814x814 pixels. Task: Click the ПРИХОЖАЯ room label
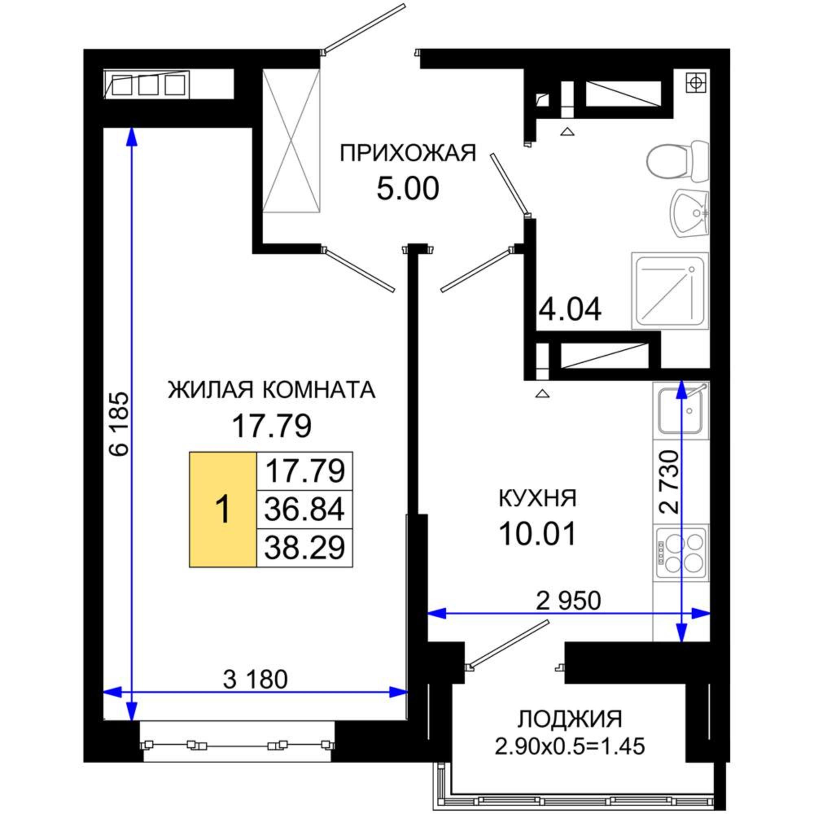[x=407, y=153]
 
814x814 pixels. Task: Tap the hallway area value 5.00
[x=407, y=189]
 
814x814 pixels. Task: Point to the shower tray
[x=670, y=291]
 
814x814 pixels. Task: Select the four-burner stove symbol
[x=681, y=553]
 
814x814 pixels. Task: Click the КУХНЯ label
[x=538, y=499]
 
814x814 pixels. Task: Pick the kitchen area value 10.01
[x=538, y=534]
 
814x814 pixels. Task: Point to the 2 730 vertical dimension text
[x=669, y=482]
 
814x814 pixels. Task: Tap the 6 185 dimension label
[x=119, y=424]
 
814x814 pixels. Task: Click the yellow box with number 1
[x=223, y=510]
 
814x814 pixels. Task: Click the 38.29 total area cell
[x=304, y=547]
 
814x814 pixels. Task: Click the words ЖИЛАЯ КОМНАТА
[x=271, y=390]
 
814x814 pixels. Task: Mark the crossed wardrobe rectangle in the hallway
[x=291, y=141]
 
